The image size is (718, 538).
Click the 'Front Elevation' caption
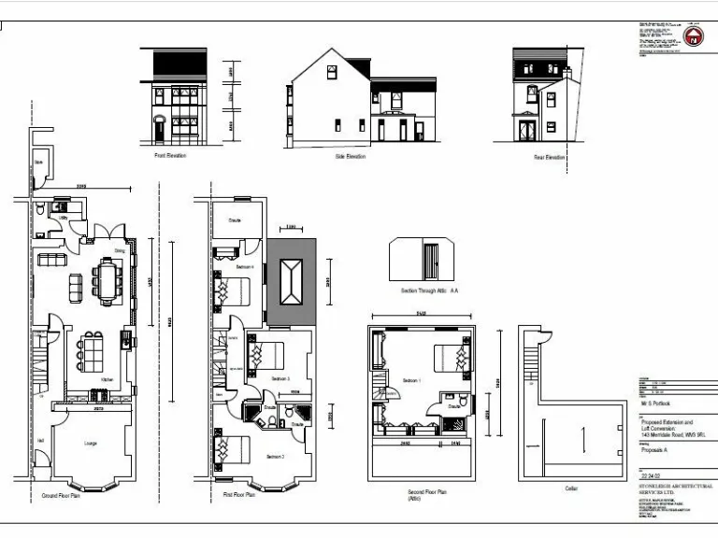click(x=170, y=156)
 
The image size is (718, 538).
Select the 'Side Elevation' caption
click(x=351, y=156)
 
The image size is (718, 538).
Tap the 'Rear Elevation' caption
click(x=549, y=157)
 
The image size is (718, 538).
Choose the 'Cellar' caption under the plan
click(x=571, y=488)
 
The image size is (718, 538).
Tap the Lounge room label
click(x=92, y=443)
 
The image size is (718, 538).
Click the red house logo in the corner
click(x=693, y=37)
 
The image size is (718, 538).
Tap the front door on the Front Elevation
click(x=159, y=129)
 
